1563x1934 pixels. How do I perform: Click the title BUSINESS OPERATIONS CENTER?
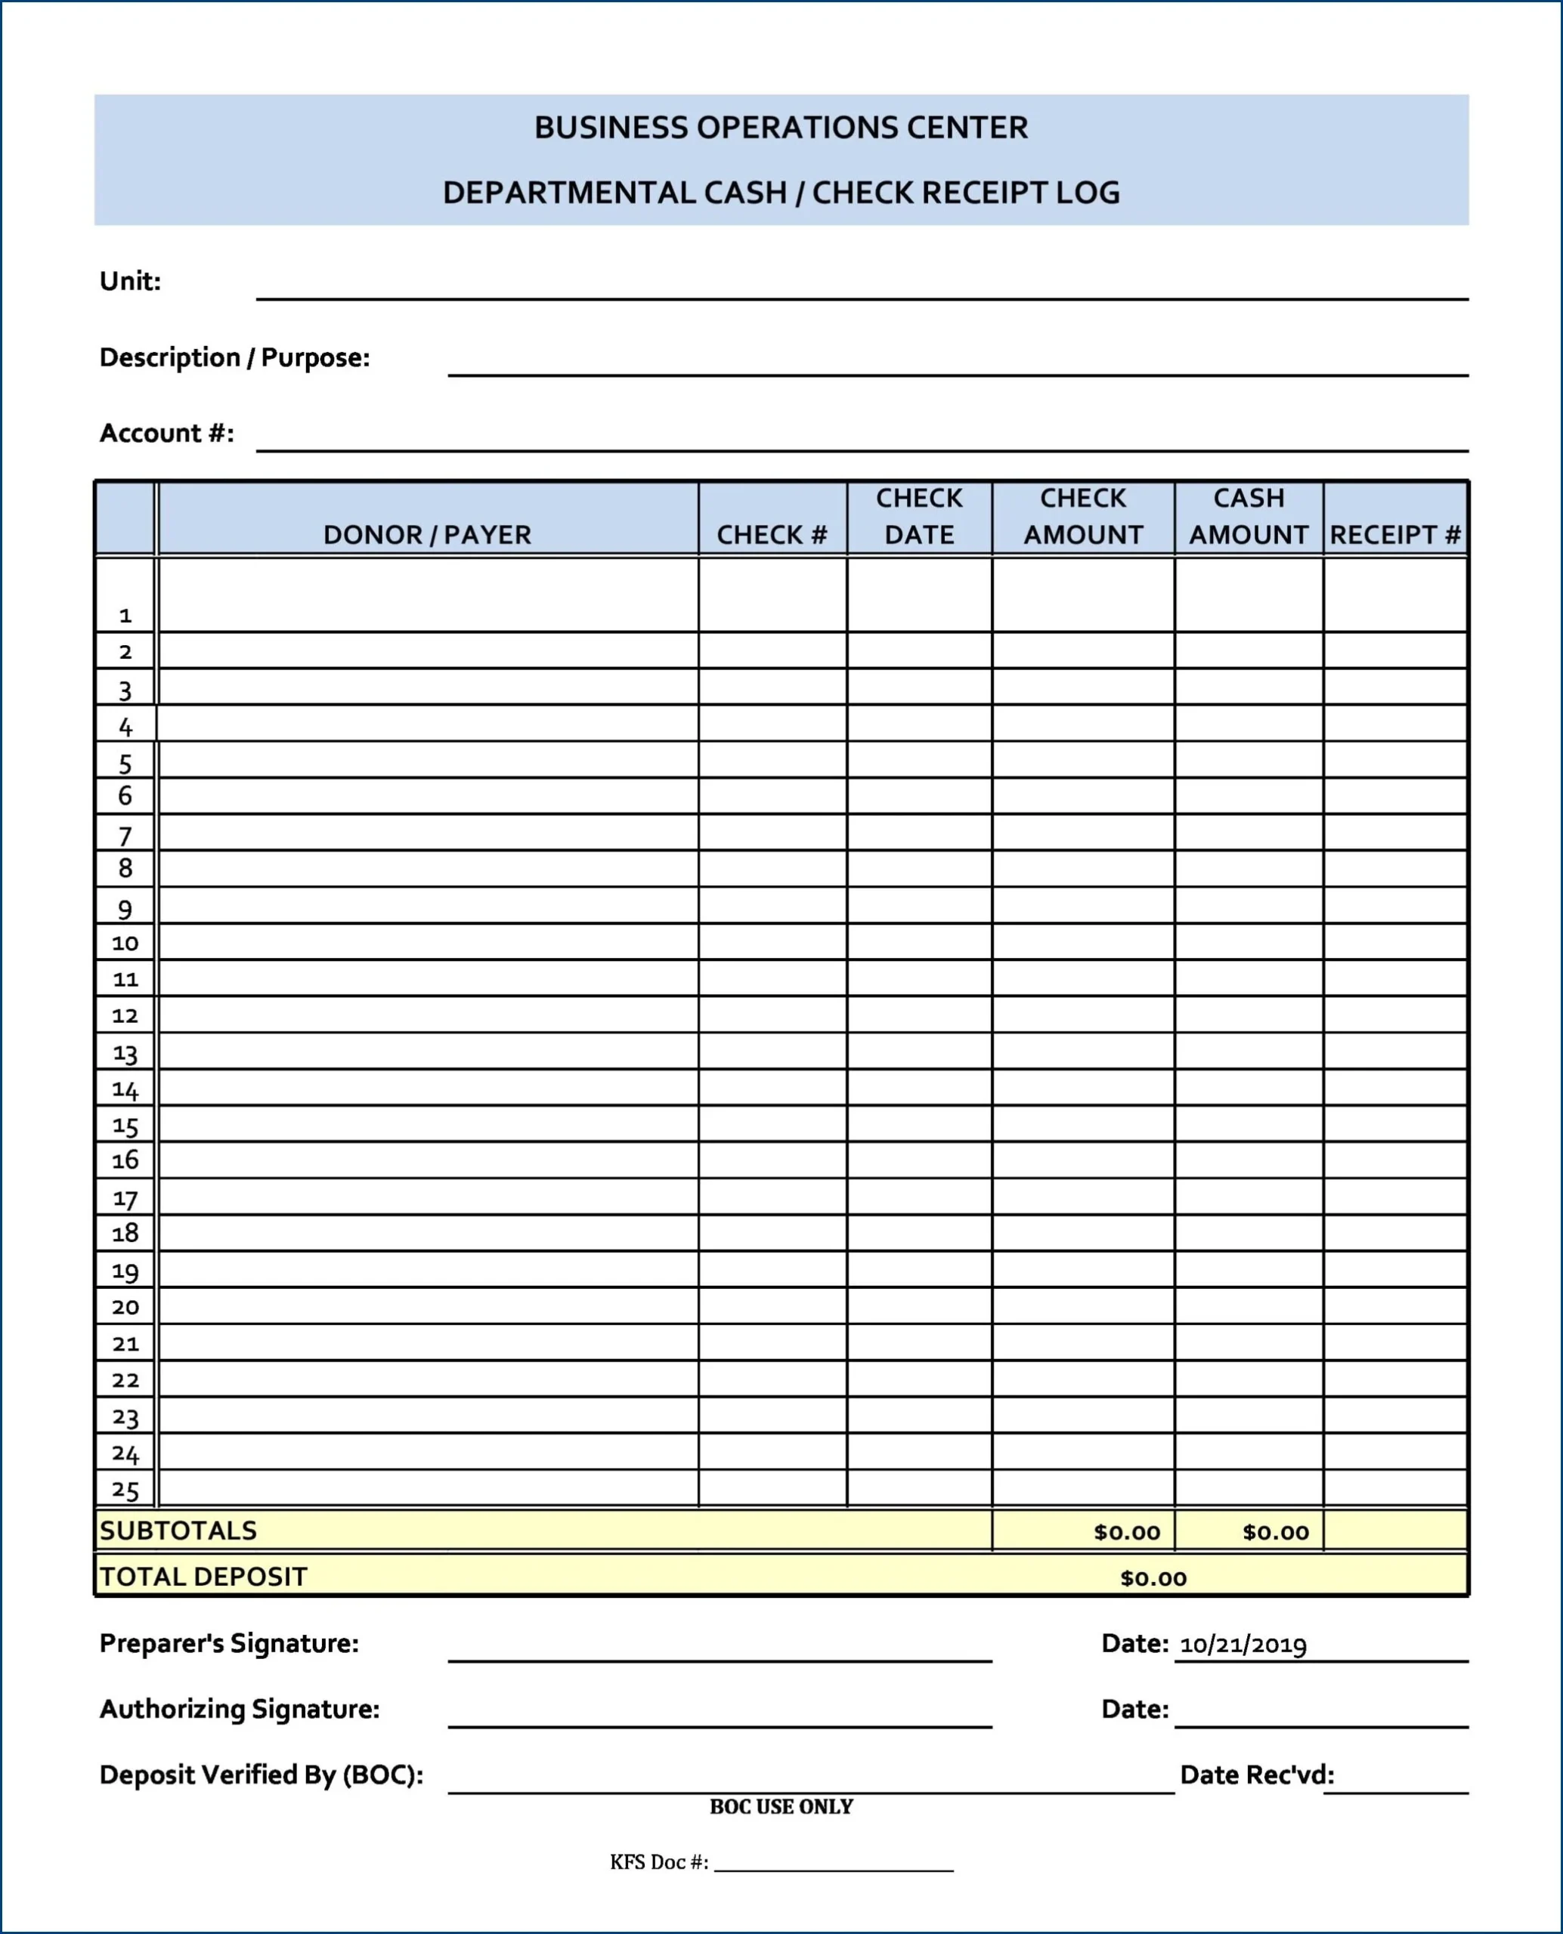(x=781, y=128)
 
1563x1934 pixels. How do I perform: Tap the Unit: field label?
(x=131, y=282)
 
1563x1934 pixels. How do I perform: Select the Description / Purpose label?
(x=234, y=357)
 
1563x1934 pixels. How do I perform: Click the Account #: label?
(x=166, y=433)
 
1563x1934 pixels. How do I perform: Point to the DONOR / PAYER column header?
(x=427, y=535)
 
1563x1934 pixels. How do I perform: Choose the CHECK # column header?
(x=772, y=535)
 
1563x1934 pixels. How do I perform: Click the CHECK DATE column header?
(x=918, y=517)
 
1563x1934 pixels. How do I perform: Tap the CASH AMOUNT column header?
(x=1248, y=517)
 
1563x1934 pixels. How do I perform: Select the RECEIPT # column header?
(x=1394, y=535)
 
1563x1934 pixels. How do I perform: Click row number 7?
(x=125, y=836)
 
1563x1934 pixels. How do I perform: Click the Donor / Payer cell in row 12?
(x=428, y=1015)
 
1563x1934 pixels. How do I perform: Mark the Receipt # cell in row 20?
(x=1394, y=1306)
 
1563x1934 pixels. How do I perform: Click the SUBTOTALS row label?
(x=178, y=1531)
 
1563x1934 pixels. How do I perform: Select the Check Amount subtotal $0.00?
(x=1126, y=1532)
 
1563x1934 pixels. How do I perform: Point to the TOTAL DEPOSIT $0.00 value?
(x=1153, y=1577)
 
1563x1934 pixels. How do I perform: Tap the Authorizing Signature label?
(x=240, y=1709)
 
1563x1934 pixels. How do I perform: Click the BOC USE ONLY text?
(x=781, y=1806)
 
